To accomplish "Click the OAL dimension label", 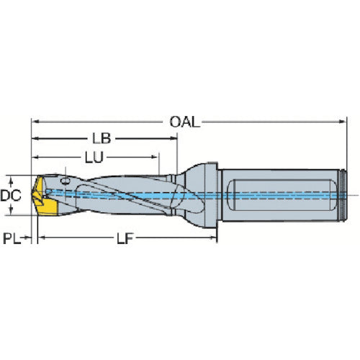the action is pos(184,122).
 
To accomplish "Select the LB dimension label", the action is pos(102,138).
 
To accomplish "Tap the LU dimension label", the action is pos(94,158).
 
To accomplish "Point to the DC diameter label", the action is pos(11,196).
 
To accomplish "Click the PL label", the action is pos(12,238).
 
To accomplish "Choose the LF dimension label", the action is pos(125,238).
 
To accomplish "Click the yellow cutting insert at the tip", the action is pos(45,197).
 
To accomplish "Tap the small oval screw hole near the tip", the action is pos(66,181).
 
